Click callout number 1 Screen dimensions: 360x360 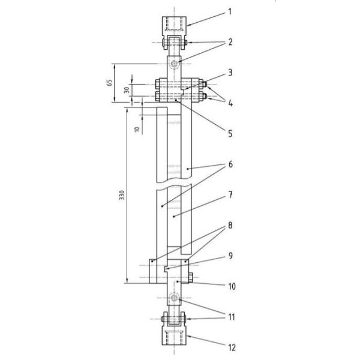[x=230, y=11]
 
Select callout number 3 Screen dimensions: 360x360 [x=230, y=73]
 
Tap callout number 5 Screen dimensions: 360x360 [x=230, y=134]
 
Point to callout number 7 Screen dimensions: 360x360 [x=230, y=195]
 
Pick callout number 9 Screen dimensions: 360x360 [x=230, y=256]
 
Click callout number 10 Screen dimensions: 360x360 [x=232, y=286]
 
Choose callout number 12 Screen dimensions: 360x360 [x=232, y=347]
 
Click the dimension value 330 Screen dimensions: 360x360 [x=122, y=195]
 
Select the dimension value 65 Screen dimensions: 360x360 [x=110, y=83]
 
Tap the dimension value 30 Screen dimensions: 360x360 [x=127, y=89]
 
